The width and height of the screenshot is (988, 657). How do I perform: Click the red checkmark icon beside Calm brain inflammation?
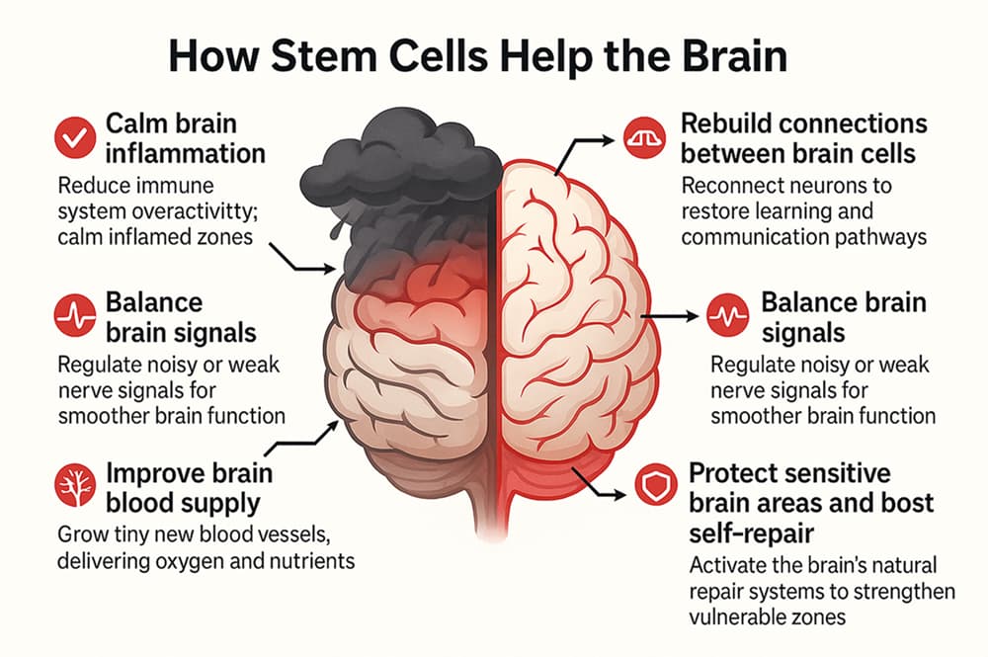click(x=71, y=139)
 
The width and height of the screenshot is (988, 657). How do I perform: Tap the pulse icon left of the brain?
click(x=71, y=316)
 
